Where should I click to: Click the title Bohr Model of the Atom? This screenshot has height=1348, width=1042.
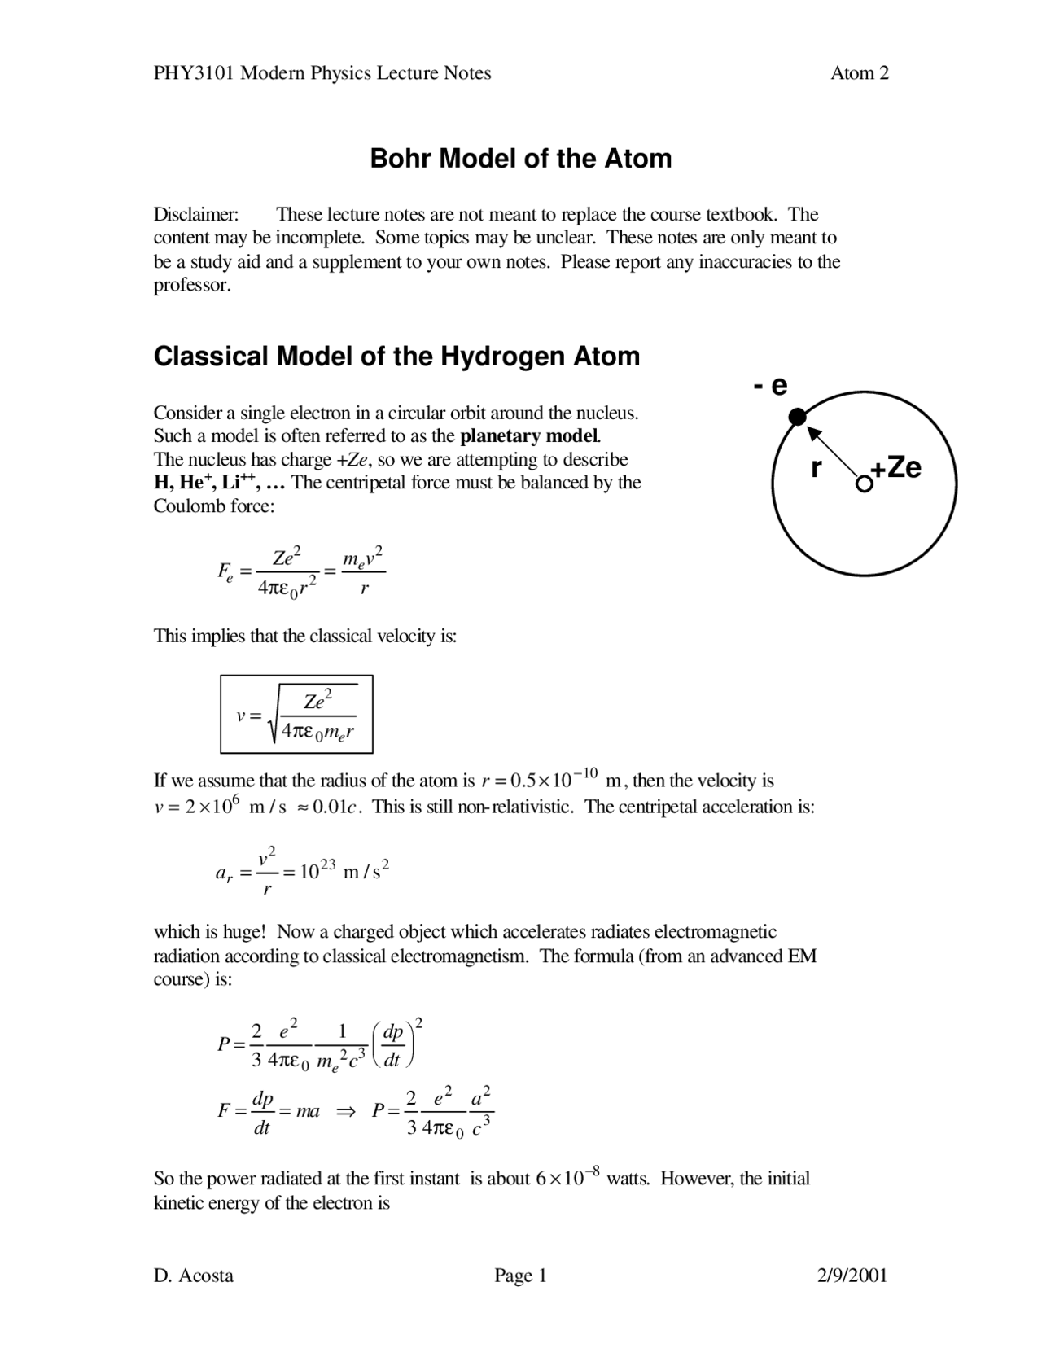(521, 158)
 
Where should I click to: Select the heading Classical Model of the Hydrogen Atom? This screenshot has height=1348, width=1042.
(396, 357)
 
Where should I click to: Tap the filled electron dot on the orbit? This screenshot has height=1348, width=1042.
(798, 418)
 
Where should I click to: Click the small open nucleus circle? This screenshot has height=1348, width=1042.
(863, 484)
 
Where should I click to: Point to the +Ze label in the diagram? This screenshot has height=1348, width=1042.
(897, 468)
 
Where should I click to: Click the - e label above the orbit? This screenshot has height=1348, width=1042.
(770, 385)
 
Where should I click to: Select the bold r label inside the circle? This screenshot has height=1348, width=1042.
(816, 468)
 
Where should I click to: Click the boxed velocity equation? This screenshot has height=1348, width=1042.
(296, 714)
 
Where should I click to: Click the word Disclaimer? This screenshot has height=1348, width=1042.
(196, 215)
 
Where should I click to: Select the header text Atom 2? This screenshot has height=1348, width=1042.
(859, 73)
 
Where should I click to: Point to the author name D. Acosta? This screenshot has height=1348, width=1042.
(194, 1275)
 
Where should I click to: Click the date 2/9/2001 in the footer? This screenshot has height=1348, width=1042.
(852, 1275)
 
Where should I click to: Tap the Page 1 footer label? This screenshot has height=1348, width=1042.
(520, 1275)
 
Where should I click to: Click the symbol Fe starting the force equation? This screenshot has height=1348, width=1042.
(225, 571)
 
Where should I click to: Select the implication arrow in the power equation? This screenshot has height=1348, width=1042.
(346, 1111)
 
